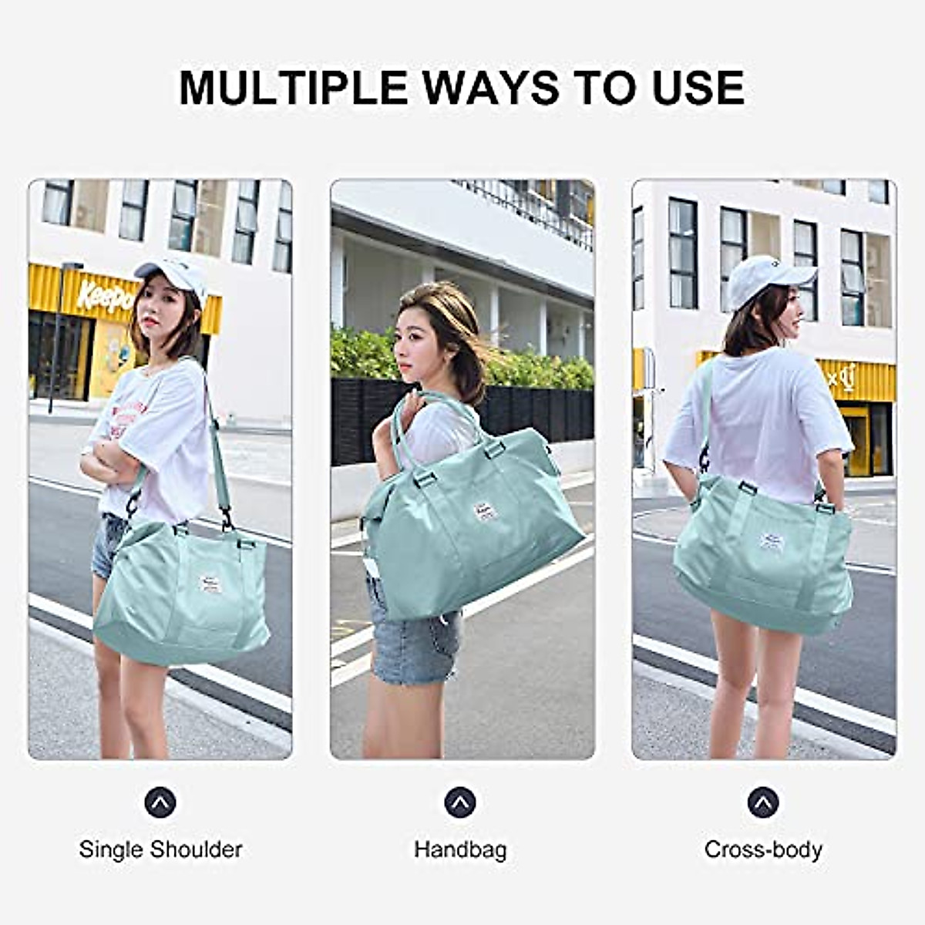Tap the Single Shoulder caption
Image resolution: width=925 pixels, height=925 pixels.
point(160,849)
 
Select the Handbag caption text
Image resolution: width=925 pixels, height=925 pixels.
point(460,849)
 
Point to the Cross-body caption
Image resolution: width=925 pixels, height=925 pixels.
point(763,849)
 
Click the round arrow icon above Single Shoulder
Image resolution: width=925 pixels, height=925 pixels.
point(160,802)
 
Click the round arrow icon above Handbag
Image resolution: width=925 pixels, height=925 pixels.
point(460,802)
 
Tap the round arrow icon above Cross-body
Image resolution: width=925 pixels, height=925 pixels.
point(763,802)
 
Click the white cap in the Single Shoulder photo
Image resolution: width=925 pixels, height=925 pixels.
point(173,274)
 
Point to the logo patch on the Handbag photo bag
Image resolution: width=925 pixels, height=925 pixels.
point(485,511)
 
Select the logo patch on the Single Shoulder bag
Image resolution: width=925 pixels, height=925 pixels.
point(210,583)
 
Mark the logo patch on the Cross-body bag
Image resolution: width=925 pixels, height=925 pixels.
point(770,541)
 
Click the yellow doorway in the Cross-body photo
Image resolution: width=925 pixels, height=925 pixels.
point(856,439)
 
